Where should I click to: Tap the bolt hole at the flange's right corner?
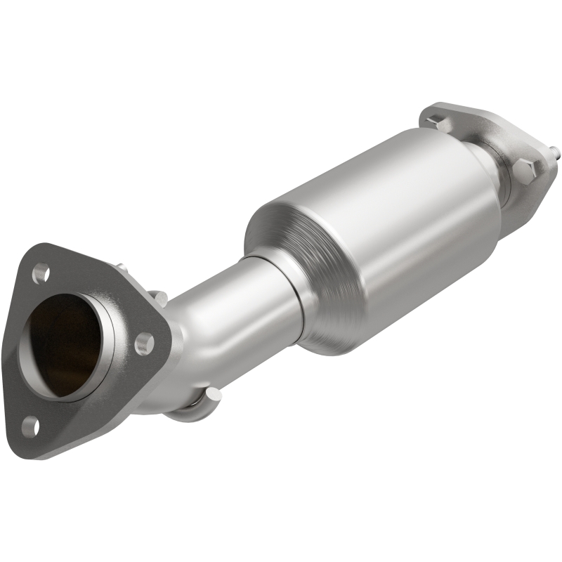[x=145, y=343]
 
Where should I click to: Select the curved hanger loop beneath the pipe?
[x=186, y=414]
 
